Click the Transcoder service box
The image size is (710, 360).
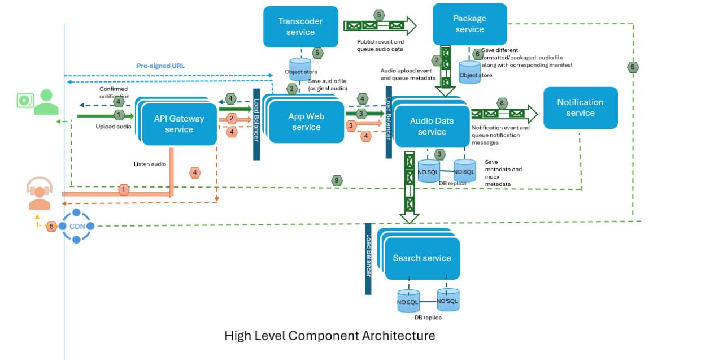pos(300,27)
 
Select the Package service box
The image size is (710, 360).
pos(469,24)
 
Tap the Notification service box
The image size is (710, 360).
pos(580,107)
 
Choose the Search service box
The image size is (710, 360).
pos(422,258)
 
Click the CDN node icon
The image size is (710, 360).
pos(77,226)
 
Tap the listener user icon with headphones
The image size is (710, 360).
pos(40,193)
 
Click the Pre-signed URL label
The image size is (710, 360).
pos(160,66)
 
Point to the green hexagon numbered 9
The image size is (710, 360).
pos(337,180)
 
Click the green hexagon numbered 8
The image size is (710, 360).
pos(502,103)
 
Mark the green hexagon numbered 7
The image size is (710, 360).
pos(435,60)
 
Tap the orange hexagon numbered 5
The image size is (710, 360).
pos(51,226)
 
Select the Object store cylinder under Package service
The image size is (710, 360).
pos(470,72)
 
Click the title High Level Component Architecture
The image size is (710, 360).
pos(330,336)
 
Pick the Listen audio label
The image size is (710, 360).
pos(150,164)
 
